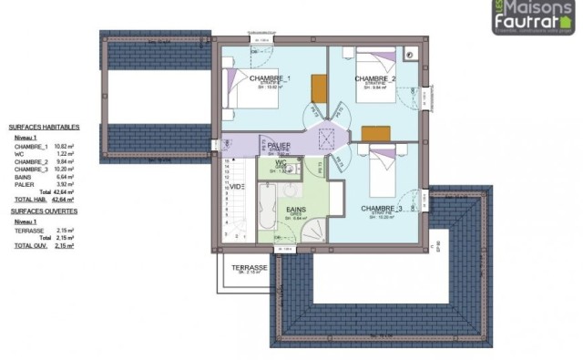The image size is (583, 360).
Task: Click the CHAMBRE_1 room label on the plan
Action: tap(270, 79)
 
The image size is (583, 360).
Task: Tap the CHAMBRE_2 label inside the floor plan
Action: tap(374, 79)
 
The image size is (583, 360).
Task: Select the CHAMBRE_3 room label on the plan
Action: tap(382, 209)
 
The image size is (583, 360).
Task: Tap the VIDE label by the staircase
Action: tap(237, 186)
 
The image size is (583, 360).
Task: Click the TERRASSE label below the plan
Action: tap(249, 268)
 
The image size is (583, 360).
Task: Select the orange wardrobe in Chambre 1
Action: tap(318, 88)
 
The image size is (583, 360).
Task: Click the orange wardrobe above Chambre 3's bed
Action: tap(374, 133)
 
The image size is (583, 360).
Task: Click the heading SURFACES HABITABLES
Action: tap(45, 128)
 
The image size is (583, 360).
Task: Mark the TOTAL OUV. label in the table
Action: tap(29, 246)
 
